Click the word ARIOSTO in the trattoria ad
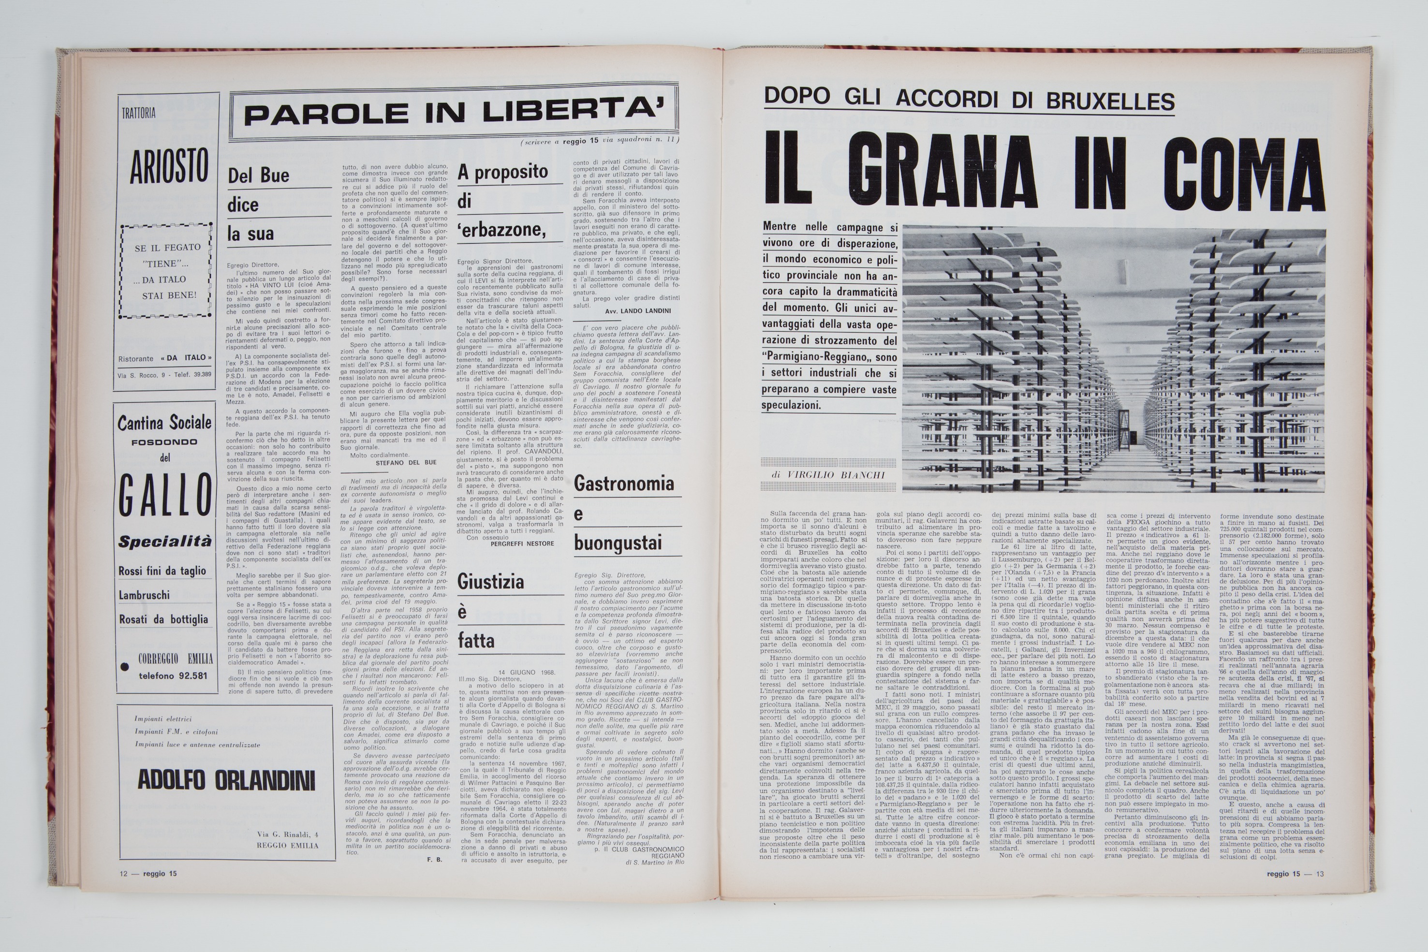[169, 165]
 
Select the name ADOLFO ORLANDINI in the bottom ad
[226, 779]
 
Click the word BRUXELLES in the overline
[1110, 100]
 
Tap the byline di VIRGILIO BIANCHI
[828, 474]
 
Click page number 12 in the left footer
[124, 874]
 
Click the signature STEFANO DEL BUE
[406, 462]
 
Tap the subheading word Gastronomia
[623, 484]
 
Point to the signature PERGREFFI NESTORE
[522, 543]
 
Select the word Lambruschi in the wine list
[144, 595]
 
